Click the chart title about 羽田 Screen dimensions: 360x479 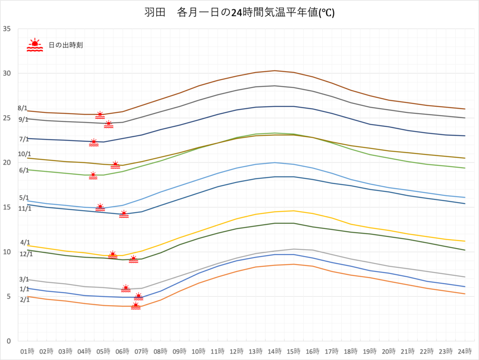pos(239,13)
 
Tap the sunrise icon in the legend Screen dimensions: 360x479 pos(35,45)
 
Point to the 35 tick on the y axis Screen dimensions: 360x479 pos(7,29)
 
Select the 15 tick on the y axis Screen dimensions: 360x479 pos(7,207)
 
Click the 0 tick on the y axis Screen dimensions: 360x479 pos(9,341)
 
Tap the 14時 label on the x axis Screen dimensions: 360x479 pos(275,351)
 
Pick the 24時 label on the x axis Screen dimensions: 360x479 pos(464,351)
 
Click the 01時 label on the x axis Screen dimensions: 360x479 pos(27,351)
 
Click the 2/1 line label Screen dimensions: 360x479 pos(25,300)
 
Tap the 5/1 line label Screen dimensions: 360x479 pos(24,198)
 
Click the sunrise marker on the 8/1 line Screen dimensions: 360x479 pos(100,115)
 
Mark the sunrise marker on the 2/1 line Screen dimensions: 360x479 pos(136,306)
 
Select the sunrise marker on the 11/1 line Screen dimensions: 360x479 pos(123,214)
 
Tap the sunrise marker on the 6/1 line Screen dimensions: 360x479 pos(93,176)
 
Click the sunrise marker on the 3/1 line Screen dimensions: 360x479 pos(126,288)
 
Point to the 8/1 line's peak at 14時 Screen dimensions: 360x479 pos(275,71)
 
